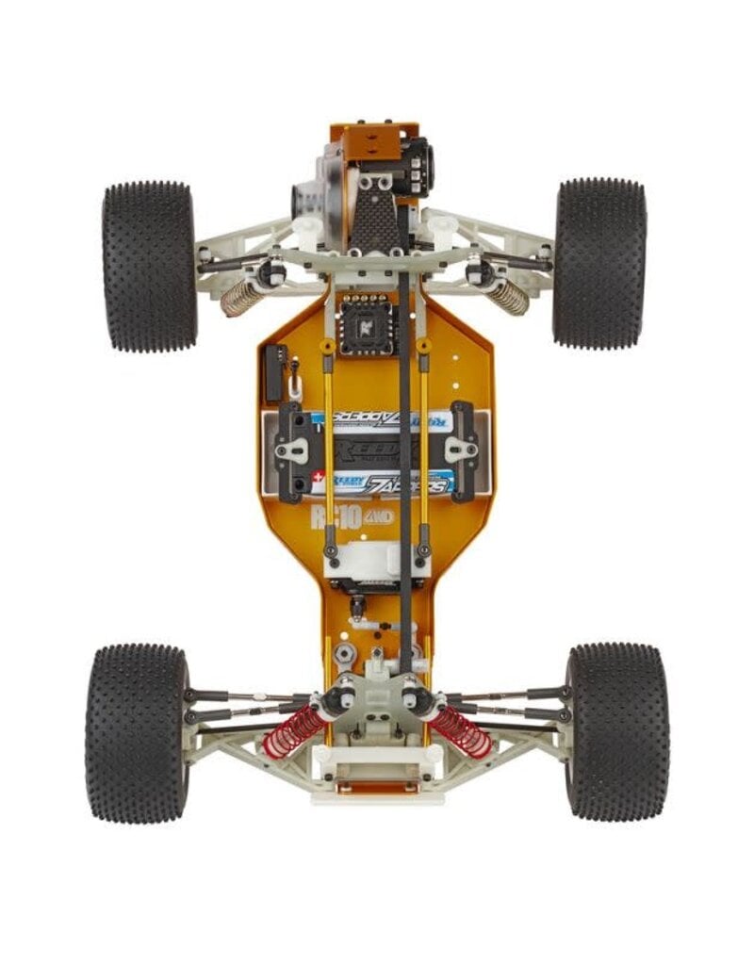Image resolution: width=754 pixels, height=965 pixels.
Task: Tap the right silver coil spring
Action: pos(507,297)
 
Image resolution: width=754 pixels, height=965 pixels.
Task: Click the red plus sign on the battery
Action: pos(319,477)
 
